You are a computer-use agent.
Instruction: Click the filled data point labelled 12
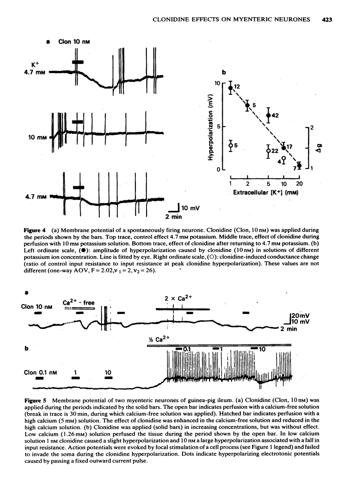coord(230,88)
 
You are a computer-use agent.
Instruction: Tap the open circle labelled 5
coord(230,145)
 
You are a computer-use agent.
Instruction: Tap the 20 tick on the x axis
coord(300,184)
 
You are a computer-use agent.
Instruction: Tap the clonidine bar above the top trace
coord(78,62)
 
